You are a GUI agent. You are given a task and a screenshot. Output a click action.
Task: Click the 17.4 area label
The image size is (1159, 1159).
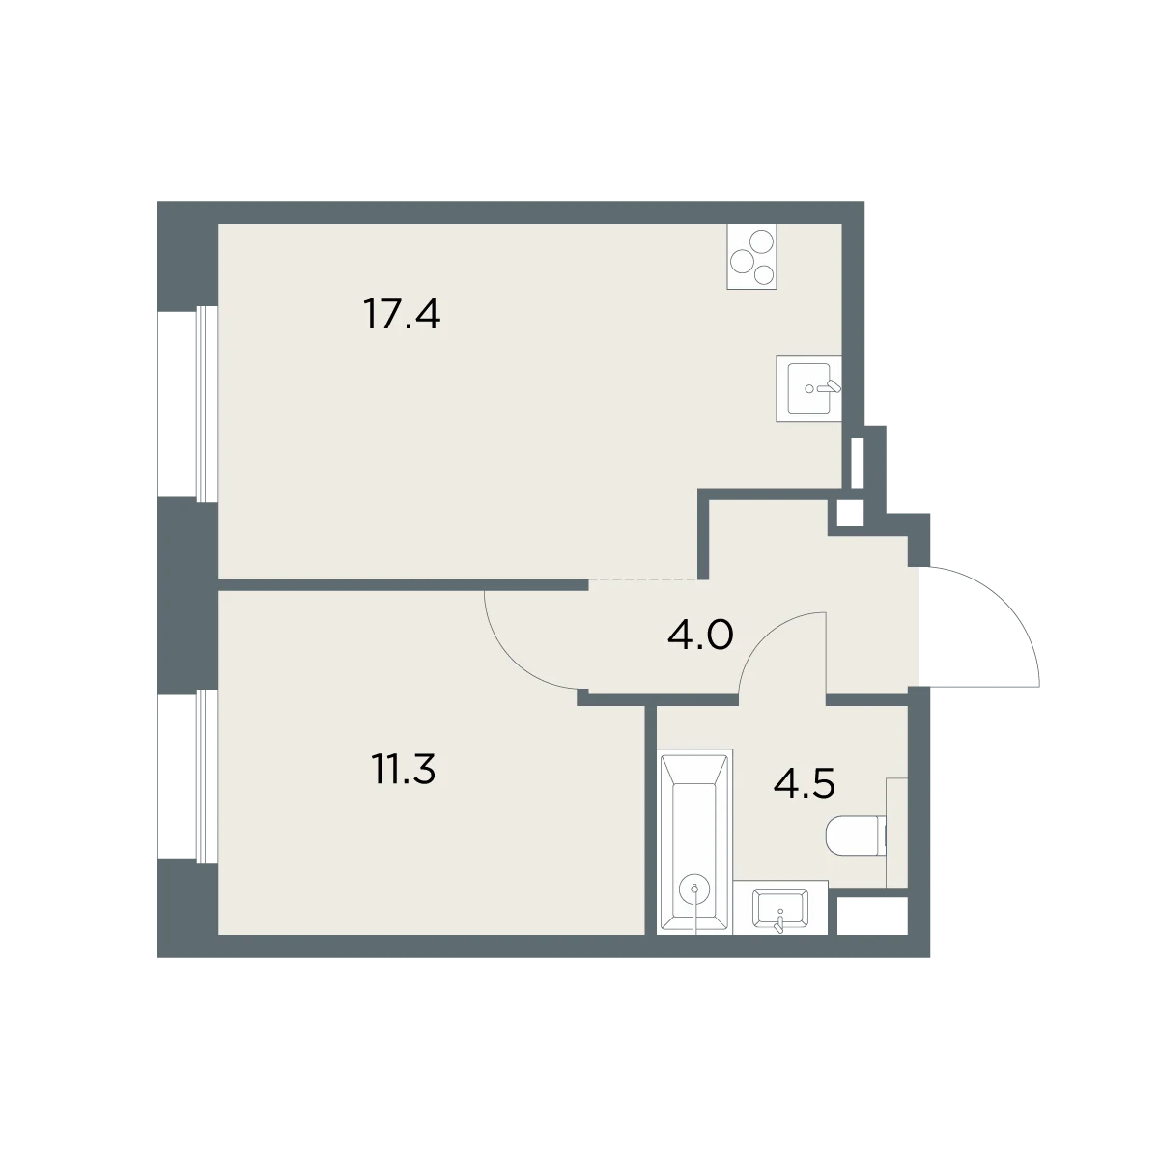coord(402,315)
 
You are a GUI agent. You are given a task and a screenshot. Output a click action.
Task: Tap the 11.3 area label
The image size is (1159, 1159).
coord(404,770)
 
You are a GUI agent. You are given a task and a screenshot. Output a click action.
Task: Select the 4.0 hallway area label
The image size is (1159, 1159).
coord(700,636)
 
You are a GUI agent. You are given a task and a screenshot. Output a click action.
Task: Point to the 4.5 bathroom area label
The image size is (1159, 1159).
coord(805,784)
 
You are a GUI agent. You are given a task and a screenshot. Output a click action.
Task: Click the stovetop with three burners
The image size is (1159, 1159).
coord(751,256)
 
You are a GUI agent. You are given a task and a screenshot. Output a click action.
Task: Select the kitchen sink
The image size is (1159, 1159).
coord(808,388)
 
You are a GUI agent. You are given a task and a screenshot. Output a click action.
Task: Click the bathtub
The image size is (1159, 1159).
coord(694,842)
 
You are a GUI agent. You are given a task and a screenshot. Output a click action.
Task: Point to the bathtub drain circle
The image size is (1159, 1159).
coord(694,889)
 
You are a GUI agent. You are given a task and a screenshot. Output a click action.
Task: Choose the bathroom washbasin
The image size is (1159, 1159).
coord(780,909)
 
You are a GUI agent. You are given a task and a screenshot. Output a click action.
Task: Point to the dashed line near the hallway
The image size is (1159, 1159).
coord(642,579)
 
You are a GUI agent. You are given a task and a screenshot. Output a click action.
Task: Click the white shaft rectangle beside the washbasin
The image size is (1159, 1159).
coord(871,916)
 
